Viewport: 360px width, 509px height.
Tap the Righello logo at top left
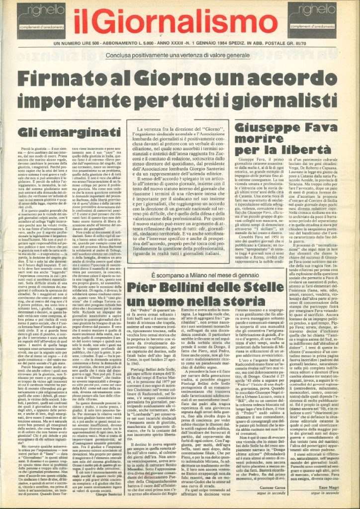[40, 20]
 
